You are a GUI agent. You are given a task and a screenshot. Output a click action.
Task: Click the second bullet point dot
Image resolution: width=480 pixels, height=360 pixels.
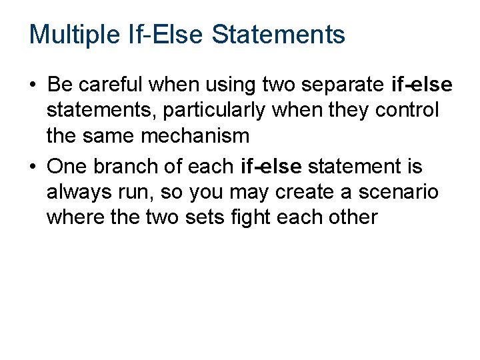33,166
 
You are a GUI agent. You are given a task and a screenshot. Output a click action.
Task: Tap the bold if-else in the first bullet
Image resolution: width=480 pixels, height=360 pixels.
422,85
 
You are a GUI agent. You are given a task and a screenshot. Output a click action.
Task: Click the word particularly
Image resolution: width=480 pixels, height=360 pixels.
197,111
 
